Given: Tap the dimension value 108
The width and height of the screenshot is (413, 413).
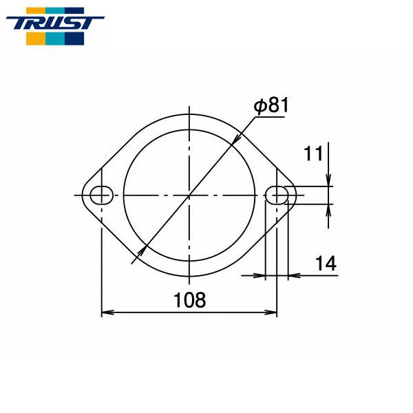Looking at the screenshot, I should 190,299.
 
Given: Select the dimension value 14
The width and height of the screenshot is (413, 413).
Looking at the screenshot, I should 326,264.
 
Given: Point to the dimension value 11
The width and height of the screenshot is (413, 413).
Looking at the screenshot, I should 314,153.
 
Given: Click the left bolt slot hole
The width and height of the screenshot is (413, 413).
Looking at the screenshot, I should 101,195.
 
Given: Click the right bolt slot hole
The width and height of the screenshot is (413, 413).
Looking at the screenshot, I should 277,195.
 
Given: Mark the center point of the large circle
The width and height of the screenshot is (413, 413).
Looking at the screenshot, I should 189,195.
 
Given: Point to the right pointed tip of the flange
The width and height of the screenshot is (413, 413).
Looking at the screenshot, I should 297,195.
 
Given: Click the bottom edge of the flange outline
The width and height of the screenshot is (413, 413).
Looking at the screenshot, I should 189,282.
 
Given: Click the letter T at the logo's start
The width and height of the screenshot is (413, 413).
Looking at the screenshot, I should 19,22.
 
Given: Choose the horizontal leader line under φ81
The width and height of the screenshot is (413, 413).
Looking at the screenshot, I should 268,117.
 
